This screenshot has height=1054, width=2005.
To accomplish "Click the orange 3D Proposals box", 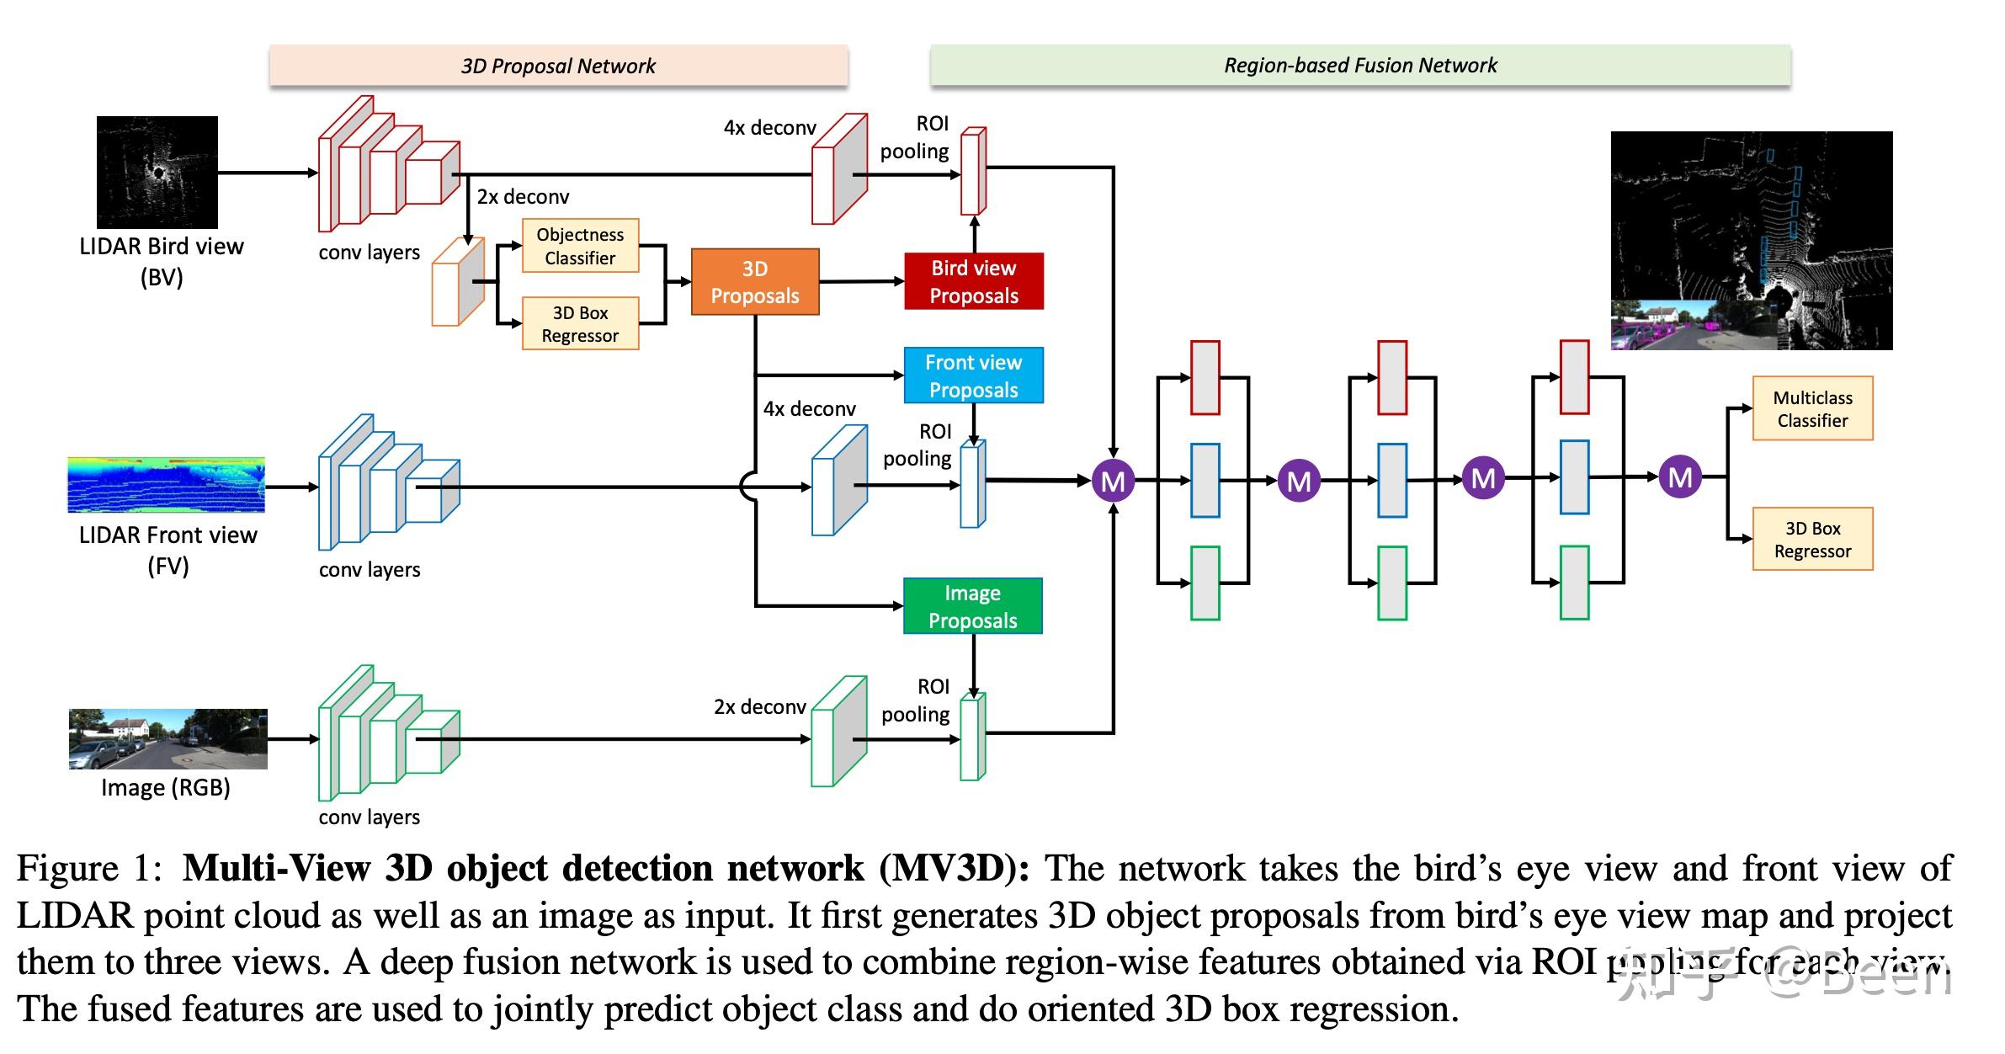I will (x=754, y=282).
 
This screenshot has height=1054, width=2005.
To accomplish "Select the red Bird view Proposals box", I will (x=973, y=282).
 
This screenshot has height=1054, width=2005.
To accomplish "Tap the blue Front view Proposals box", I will (x=973, y=375).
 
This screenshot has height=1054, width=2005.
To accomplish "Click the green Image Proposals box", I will (x=972, y=606).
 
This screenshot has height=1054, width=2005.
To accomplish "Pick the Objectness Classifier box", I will (x=580, y=246).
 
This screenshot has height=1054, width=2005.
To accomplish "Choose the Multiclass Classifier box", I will (x=1812, y=409).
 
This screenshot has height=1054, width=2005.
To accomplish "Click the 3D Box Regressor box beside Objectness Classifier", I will (x=580, y=324).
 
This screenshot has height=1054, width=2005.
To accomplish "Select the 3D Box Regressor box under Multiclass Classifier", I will (x=1812, y=540).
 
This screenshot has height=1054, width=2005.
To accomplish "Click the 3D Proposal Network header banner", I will (x=558, y=66).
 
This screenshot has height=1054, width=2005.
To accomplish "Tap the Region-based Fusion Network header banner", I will (x=1360, y=66).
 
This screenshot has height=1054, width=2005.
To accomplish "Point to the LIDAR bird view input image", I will (x=157, y=173).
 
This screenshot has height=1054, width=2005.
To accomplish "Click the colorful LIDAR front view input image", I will (x=166, y=485).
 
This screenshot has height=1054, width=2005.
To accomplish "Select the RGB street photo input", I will (x=168, y=739).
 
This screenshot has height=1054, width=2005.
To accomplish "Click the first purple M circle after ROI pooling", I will (x=1113, y=482).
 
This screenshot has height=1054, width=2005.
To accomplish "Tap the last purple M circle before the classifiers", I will (x=1680, y=477).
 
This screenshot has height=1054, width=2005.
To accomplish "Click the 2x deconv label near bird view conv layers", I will (x=523, y=197).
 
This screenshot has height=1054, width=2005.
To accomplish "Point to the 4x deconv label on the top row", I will (x=769, y=128).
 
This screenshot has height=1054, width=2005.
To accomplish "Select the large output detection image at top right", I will (x=1751, y=240).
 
